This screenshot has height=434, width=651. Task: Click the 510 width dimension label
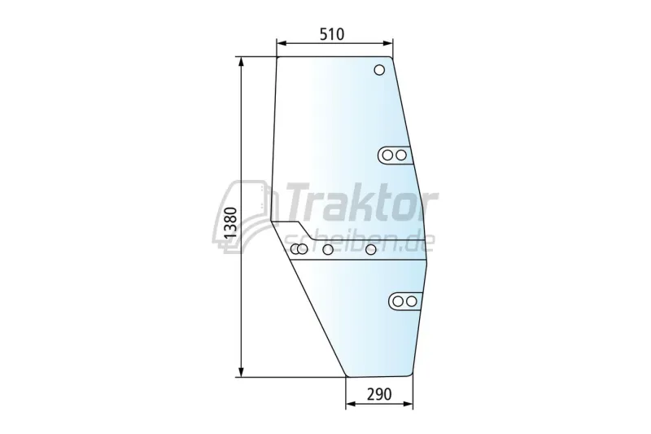[x=332, y=34]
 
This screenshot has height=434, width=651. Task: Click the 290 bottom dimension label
[x=379, y=394]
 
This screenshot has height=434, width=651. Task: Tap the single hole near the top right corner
[x=379, y=70]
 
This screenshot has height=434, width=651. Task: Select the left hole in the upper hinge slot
[x=387, y=156]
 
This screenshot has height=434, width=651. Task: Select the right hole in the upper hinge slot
[x=400, y=156]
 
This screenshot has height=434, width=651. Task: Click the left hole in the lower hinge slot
[x=398, y=301]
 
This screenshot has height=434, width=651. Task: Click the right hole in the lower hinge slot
[x=411, y=301]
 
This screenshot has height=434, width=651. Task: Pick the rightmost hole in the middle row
[x=371, y=250]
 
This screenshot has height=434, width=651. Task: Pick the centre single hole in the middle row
[x=328, y=250]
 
